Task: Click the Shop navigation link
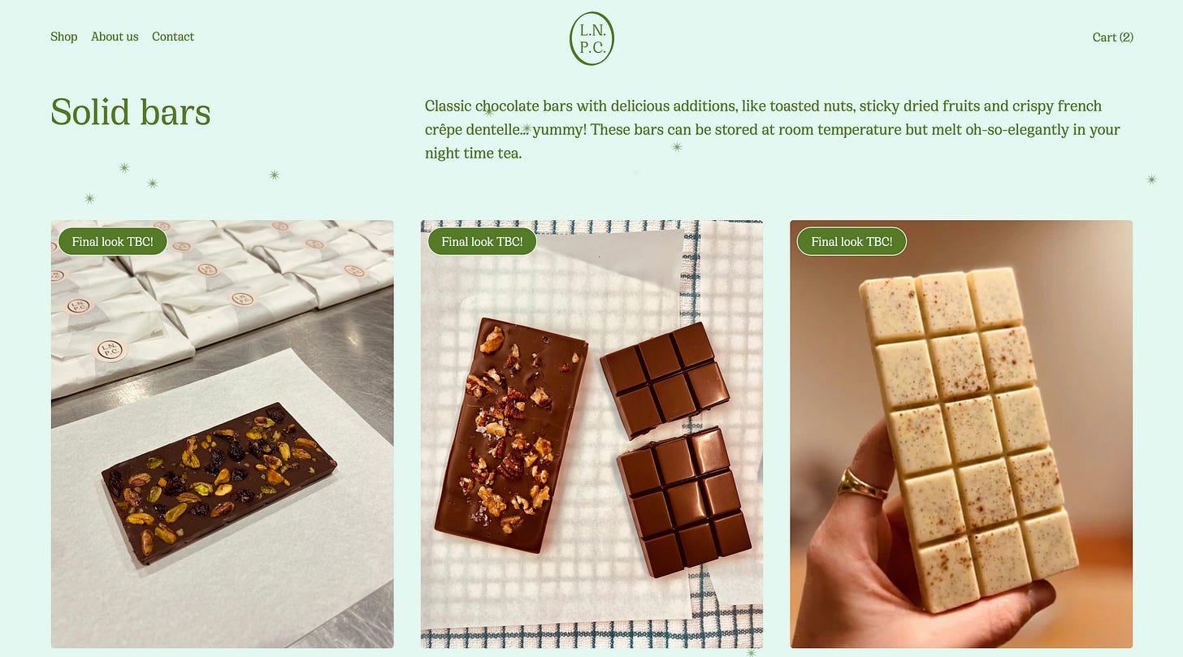pyautogui.click(x=64, y=37)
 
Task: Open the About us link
pyautogui.click(x=115, y=37)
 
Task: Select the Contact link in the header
pyautogui.click(x=173, y=37)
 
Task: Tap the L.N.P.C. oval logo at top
pyautogui.click(x=591, y=38)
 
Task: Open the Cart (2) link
pyautogui.click(x=1113, y=37)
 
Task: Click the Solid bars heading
pyautogui.click(x=131, y=112)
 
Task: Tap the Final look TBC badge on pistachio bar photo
pyautogui.click(x=112, y=241)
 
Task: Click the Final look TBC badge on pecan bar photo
pyautogui.click(x=482, y=241)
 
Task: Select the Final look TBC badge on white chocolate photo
pyautogui.click(x=851, y=241)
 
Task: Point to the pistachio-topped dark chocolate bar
pyautogui.click(x=219, y=483)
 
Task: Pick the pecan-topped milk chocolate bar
pyautogui.click(x=511, y=435)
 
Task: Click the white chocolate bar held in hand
pyautogui.click(x=968, y=439)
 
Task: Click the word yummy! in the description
pyautogui.click(x=559, y=130)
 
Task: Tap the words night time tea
pyautogui.click(x=473, y=153)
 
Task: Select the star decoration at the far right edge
pyautogui.click(x=1152, y=179)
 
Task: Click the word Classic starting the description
pyautogui.click(x=448, y=106)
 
